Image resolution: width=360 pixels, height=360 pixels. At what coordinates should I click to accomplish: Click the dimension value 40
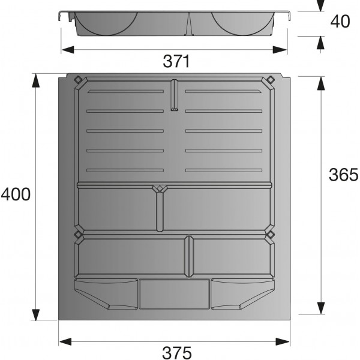tap(340, 22)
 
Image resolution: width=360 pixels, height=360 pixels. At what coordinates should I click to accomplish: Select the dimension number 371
tap(176, 61)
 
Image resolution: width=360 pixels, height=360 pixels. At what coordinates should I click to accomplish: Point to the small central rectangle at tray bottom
tap(174, 293)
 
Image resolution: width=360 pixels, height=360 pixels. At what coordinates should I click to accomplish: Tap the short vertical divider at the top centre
tap(175, 96)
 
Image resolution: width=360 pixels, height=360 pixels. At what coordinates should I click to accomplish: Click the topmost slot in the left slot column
tap(125, 92)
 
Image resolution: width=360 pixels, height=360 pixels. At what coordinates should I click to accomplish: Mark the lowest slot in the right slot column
tap(224, 171)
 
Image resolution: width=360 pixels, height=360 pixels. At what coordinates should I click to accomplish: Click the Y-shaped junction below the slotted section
tap(160, 189)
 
